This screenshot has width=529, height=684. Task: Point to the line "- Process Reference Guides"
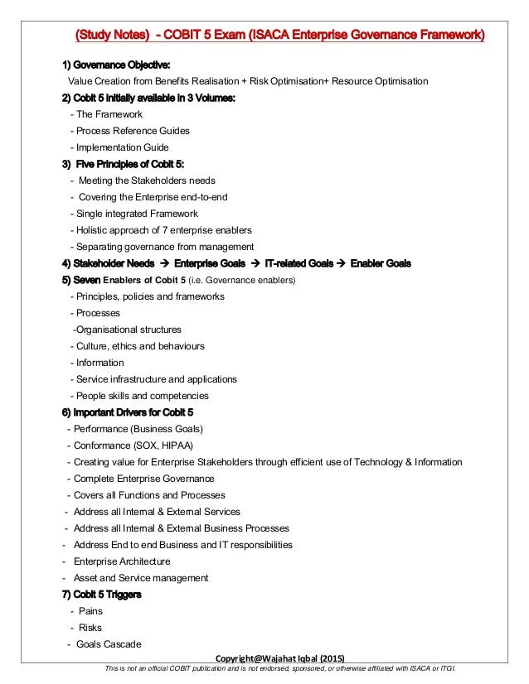point(130,131)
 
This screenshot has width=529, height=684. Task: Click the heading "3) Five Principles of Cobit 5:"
point(123,164)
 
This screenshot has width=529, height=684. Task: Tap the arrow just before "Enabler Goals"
point(340,263)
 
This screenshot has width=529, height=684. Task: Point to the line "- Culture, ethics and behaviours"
point(138,346)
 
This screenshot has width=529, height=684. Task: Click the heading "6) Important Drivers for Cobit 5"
point(128,412)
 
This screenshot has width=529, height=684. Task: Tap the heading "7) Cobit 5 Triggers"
point(101,595)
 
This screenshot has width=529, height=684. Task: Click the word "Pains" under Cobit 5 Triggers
point(90,611)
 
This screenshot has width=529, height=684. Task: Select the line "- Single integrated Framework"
point(135,214)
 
